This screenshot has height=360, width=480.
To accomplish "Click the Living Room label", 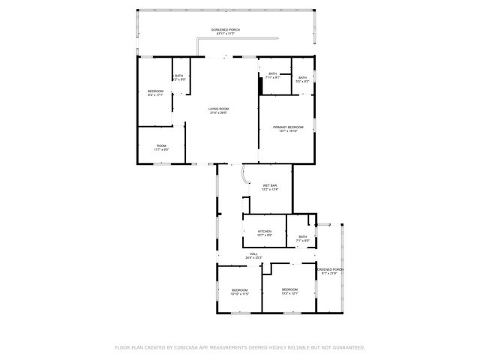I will point(218,109).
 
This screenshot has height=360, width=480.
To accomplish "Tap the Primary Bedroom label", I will point(287,127).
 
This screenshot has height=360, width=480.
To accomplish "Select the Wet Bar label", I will point(269,185).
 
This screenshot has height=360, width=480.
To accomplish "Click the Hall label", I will point(254,253).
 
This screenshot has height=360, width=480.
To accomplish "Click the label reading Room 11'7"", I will point(161,145).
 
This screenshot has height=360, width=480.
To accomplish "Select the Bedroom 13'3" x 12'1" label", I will point(289,289).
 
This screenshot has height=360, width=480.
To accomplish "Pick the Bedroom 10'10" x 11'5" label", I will point(239,290).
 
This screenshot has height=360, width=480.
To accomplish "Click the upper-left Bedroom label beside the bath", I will point(155,91).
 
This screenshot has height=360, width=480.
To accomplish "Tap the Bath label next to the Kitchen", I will point(302,237).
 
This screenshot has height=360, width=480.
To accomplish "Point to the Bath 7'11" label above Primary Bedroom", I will point(272,73).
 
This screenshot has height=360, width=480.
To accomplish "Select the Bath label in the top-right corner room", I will point(302,77).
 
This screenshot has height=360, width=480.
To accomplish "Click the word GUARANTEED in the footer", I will point(349,347).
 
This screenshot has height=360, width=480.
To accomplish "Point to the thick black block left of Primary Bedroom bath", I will point(260,85).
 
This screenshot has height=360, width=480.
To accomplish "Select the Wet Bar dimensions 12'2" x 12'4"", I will point(269,190).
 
